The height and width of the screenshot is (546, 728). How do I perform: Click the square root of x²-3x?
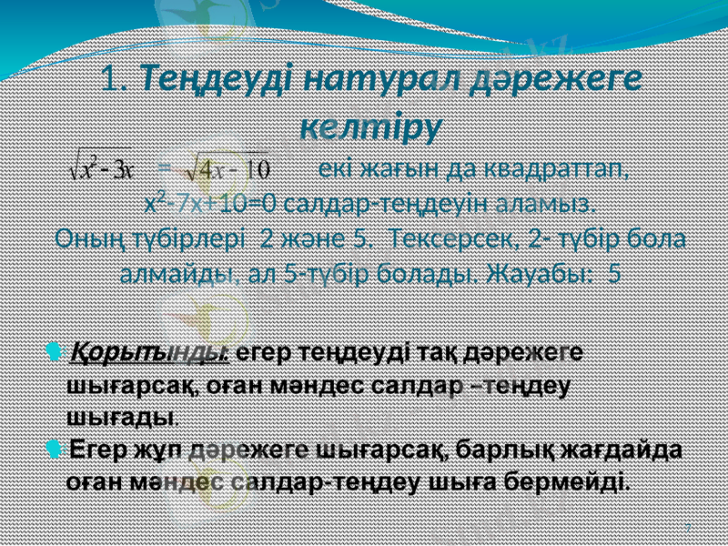point(102,168)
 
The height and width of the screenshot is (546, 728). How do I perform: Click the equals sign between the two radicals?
point(165,168)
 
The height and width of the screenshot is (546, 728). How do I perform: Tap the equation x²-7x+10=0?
point(210,201)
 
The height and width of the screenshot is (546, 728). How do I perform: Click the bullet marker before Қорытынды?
point(55,351)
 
